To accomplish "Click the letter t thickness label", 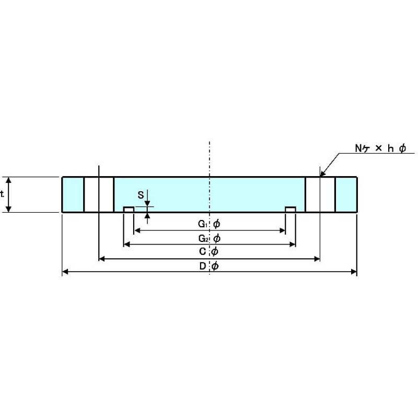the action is click(2, 194).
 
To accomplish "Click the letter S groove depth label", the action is click(141, 195).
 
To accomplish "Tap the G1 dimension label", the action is click(203, 224).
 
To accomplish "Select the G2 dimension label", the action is click(203, 238).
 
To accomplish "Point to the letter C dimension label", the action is click(203, 251).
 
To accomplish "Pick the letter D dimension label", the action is click(203, 266).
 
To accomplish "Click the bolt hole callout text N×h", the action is click(380, 148).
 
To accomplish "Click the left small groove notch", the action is click(129, 210).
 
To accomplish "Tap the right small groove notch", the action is click(291, 210).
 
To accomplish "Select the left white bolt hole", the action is click(99, 194).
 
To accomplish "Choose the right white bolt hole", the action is click(320, 194).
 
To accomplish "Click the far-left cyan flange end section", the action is click(73, 194).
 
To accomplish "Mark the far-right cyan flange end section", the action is click(346, 194).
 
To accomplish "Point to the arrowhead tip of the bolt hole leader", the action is click(320, 177).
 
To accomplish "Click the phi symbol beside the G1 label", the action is click(217, 224).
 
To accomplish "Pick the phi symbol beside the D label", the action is click(215, 266).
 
